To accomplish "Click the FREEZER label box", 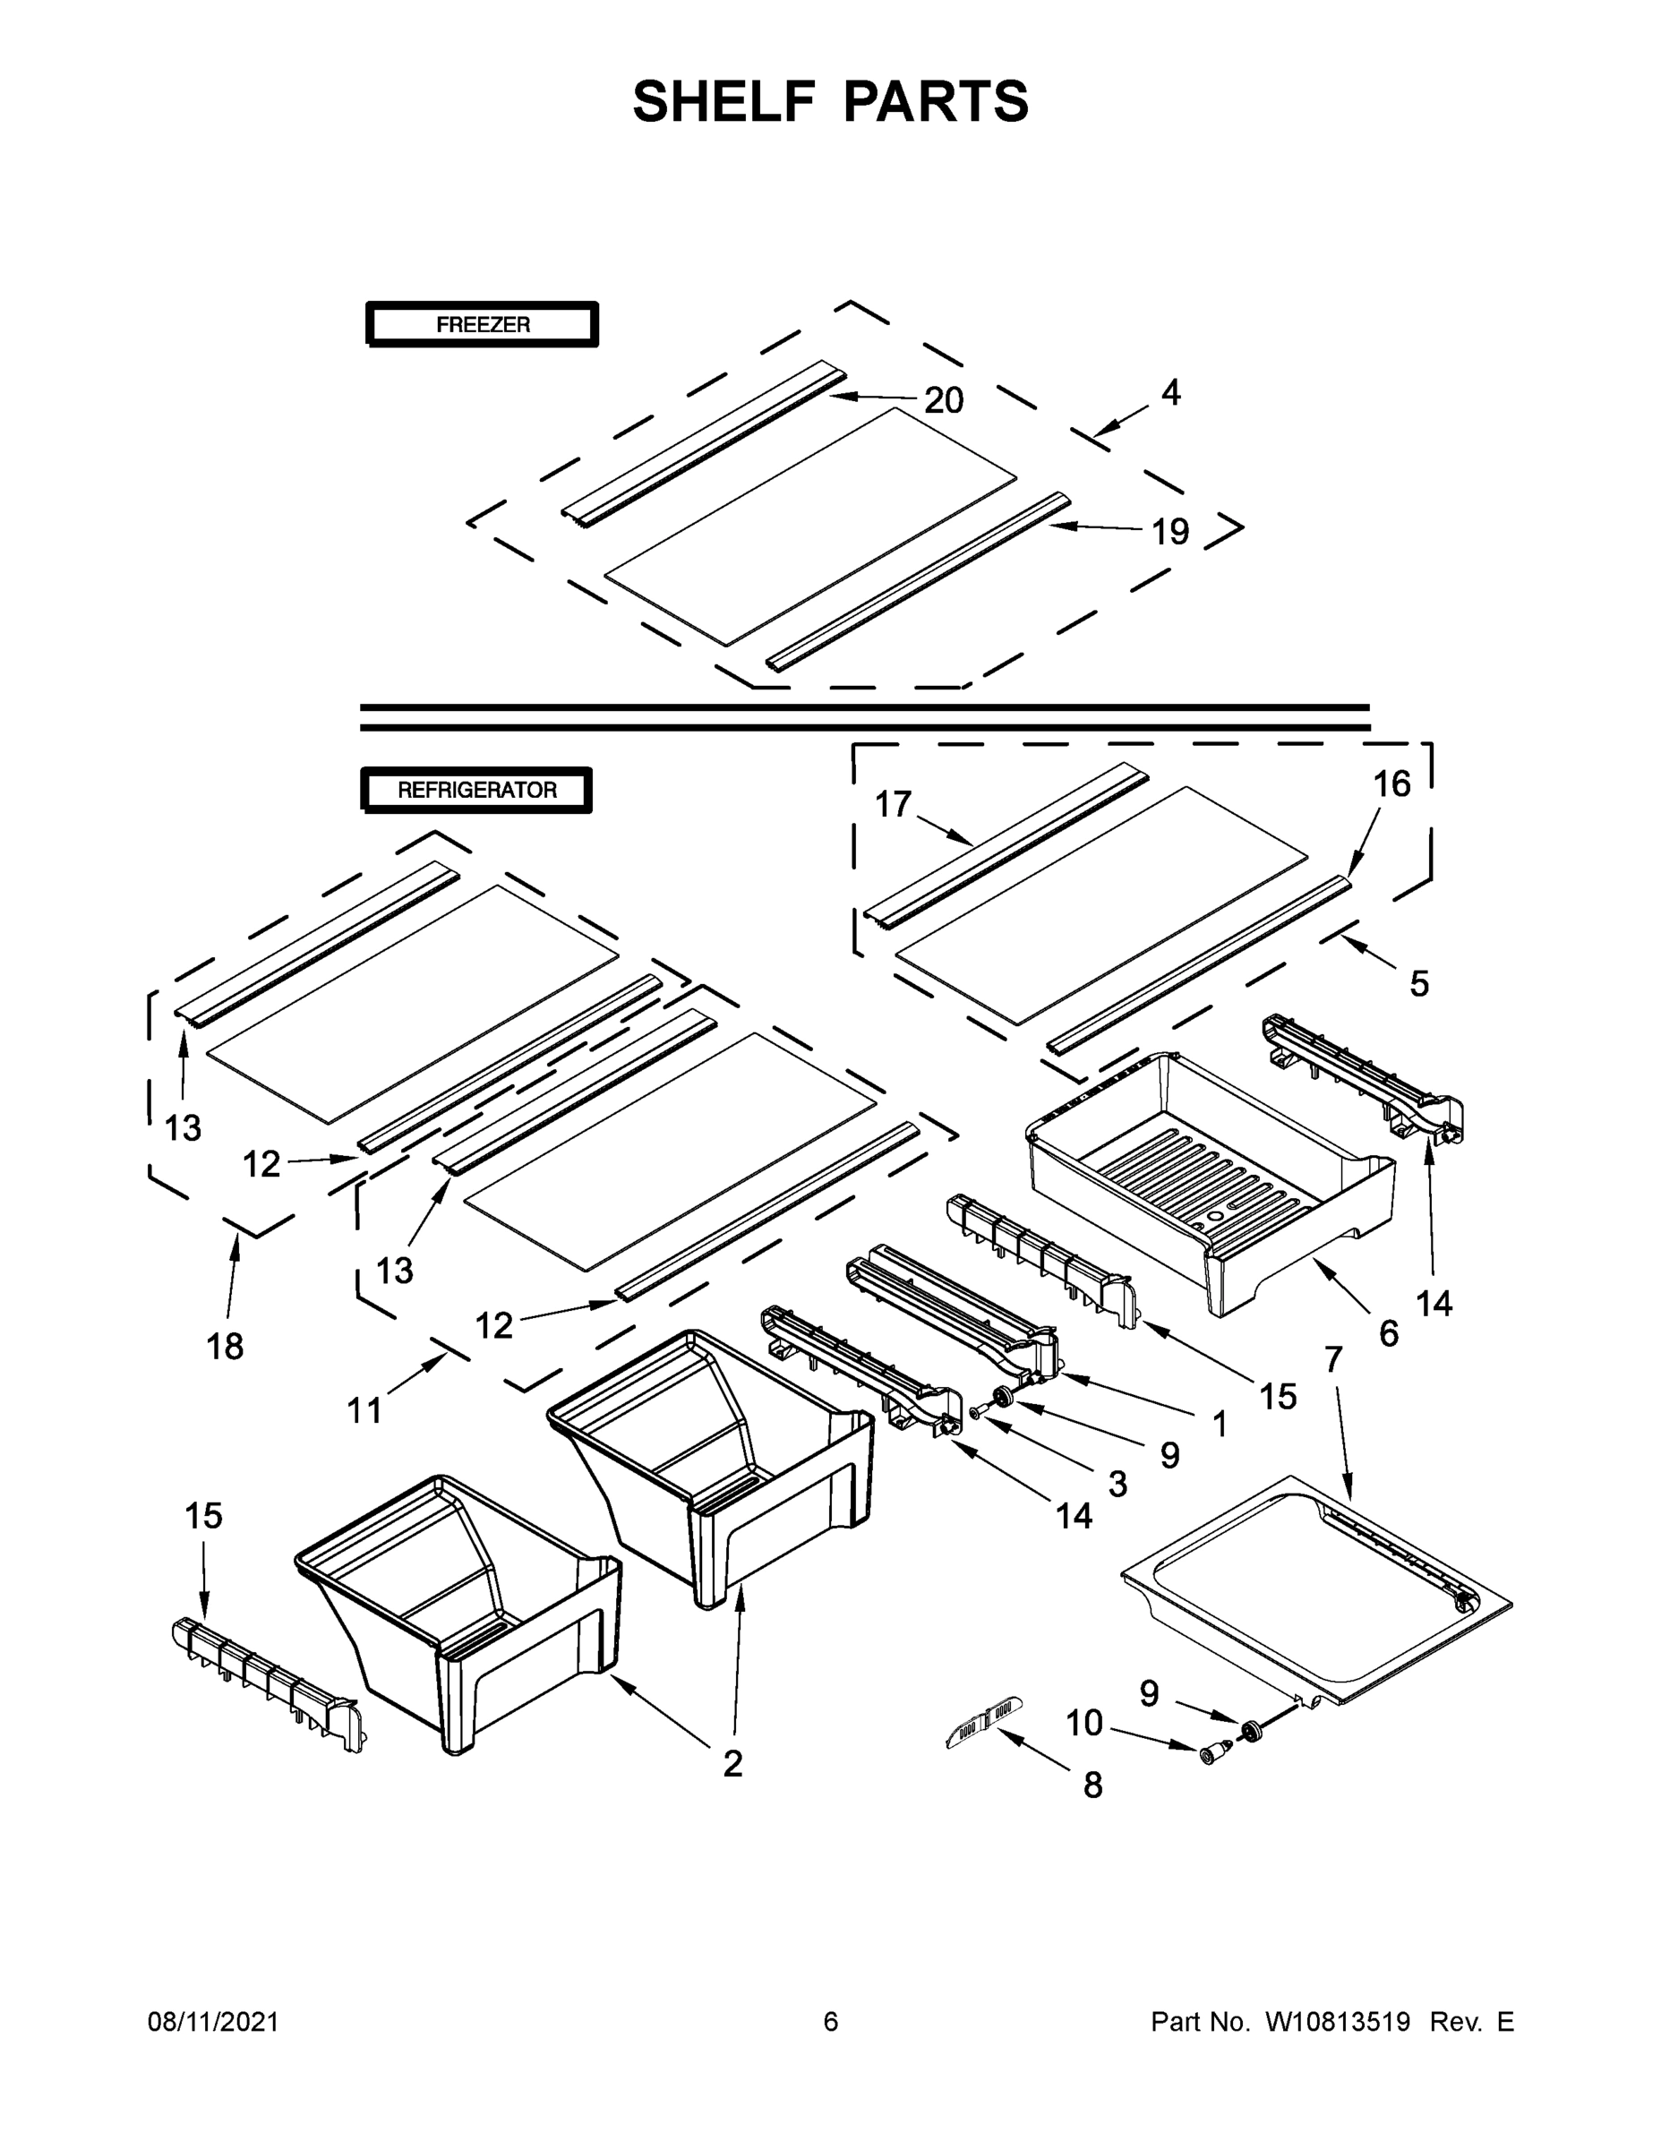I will (482, 324).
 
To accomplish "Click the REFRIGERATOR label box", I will (476, 789).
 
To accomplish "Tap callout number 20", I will (943, 399).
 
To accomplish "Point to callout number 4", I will (1169, 391).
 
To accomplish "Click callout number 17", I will (893, 804).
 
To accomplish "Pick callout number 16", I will (1391, 783).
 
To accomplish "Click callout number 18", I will (225, 1346).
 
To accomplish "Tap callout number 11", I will (364, 1411).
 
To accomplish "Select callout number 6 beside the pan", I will (1389, 1333).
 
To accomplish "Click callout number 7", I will (1333, 1359).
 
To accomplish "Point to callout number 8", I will (1092, 1786).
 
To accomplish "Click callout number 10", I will (1084, 1723).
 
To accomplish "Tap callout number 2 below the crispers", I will (732, 1764).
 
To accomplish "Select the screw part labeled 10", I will (1213, 1751).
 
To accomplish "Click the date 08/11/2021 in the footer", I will (212, 2022).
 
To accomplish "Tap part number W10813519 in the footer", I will (1337, 2022).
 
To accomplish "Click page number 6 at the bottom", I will (831, 2022).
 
